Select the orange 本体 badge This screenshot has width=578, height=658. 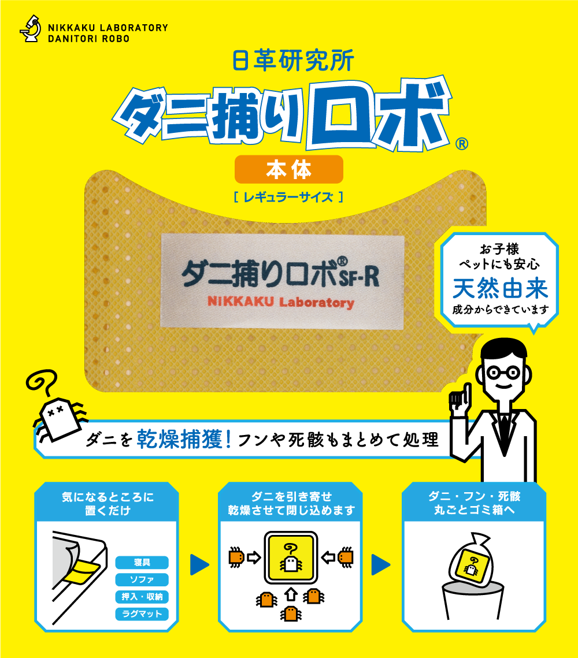point(289,170)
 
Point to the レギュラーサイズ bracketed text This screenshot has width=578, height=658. point(289,197)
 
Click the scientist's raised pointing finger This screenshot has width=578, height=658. point(455,397)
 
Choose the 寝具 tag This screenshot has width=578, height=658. point(142,562)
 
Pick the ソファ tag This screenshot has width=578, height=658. point(142,579)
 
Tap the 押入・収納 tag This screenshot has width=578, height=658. point(142,597)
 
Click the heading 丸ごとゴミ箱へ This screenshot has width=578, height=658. point(474,511)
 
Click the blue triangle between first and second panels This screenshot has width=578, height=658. point(199,564)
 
